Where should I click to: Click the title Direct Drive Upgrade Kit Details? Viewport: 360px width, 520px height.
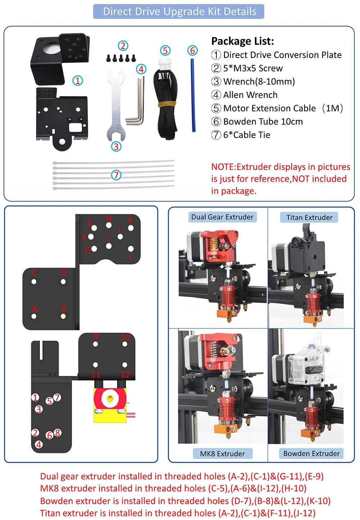pyautogui.click(x=179, y=12)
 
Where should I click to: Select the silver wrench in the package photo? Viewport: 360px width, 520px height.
pyautogui.click(x=116, y=108)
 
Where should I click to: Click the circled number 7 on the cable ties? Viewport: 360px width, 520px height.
pyautogui.click(x=116, y=175)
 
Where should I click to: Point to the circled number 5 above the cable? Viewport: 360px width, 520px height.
pyautogui.click(x=165, y=50)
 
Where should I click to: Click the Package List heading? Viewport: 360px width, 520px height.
pyautogui.click(x=242, y=41)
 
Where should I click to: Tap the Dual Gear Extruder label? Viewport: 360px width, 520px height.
pyautogui.click(x=222, y=217)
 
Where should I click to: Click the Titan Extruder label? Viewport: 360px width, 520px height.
pyautogui.click(x=309, y=218)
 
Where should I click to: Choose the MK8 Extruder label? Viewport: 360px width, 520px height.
pyautogui.click(x=222, y=454)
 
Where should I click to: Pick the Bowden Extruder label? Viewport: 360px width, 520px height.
pyautogui.click(x=311, y=454)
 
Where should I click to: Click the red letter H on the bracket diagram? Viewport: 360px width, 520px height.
pyautogui.click(x=109, y=219)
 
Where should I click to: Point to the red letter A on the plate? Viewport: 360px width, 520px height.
pyautogui.click(x=35, y=309)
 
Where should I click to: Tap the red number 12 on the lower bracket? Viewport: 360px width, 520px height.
pyautogui.click(x=125, y=375)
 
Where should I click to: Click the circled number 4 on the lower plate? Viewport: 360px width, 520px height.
pyautogui.click(x=39, y=444)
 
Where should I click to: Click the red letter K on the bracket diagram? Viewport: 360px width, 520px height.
pyautogui.click(x=131, y=220)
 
